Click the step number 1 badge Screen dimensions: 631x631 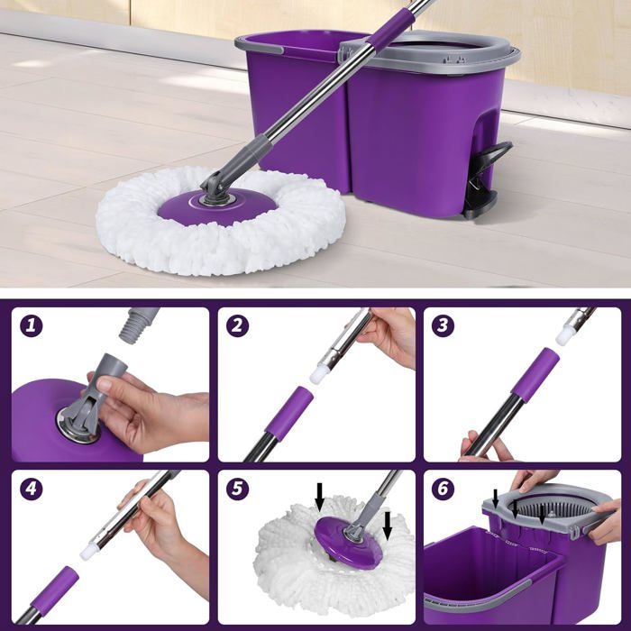(31, 325)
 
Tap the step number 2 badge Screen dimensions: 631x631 (237, 325)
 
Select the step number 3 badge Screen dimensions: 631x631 (443, 325)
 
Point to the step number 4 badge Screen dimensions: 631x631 (31, 489)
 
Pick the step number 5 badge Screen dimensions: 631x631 (237, 489)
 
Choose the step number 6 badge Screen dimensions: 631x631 (443, 489)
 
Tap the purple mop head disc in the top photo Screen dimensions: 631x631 (217, 206)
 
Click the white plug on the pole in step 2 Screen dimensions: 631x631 (319, 373)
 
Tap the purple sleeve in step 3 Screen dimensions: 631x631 (535, 376)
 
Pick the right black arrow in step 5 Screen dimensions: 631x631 (387, 526)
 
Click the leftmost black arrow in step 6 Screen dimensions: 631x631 (496, 498)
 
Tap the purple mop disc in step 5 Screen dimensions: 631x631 (347, 542)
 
